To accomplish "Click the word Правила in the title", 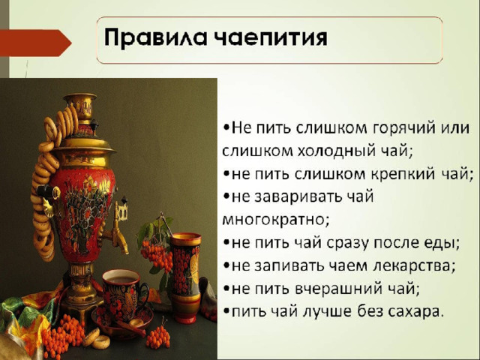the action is [x=155, y=38].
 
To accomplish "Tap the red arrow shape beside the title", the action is [x=35, y=43].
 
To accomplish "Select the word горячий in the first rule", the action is [x=404, y=127].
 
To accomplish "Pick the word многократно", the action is [x=275, y=220].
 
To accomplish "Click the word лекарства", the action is [x=412, y=265].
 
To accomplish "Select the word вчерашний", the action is [x=339, y=289].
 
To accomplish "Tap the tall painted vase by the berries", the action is [x=185, y=277].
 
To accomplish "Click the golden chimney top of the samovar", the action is [x=80, y=106].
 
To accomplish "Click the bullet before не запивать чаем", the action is [x=226, y=265].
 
